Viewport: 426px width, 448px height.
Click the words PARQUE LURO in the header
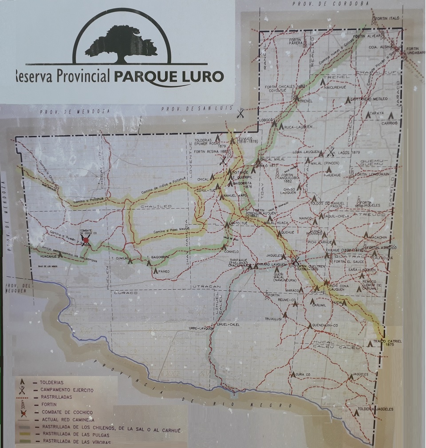click(x=169, y=76)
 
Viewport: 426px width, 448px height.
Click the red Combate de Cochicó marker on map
click(x=86, y=240)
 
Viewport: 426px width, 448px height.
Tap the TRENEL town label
click(x=306, y=101)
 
